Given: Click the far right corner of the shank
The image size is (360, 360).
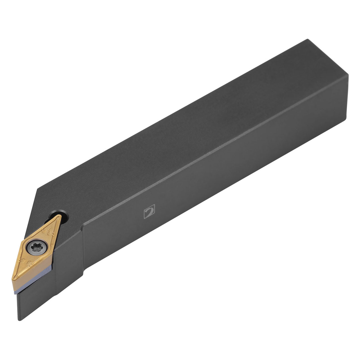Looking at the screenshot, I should tap(348, 75).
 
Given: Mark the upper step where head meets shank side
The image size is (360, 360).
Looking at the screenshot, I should tap(83, 229).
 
